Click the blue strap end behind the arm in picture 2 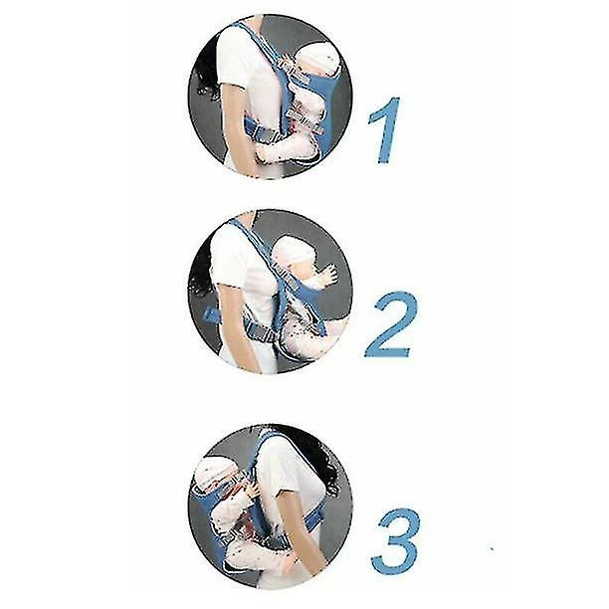[211, 313]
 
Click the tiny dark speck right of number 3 [493, 549]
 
